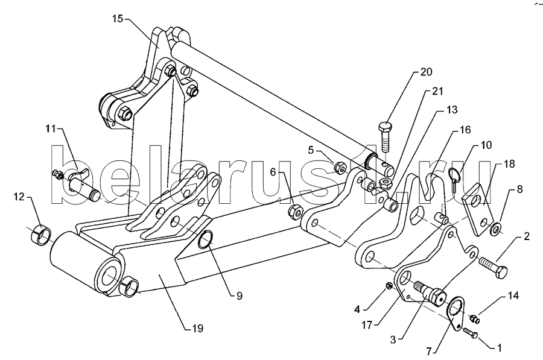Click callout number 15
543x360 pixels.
[117, 19]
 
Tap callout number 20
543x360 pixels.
[426, 72]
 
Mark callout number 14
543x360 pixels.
[512, 295]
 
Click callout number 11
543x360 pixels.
[49, 129]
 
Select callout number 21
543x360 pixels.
[436, 91]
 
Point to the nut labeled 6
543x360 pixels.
[295, 209]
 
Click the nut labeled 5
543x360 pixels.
[340, 165]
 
